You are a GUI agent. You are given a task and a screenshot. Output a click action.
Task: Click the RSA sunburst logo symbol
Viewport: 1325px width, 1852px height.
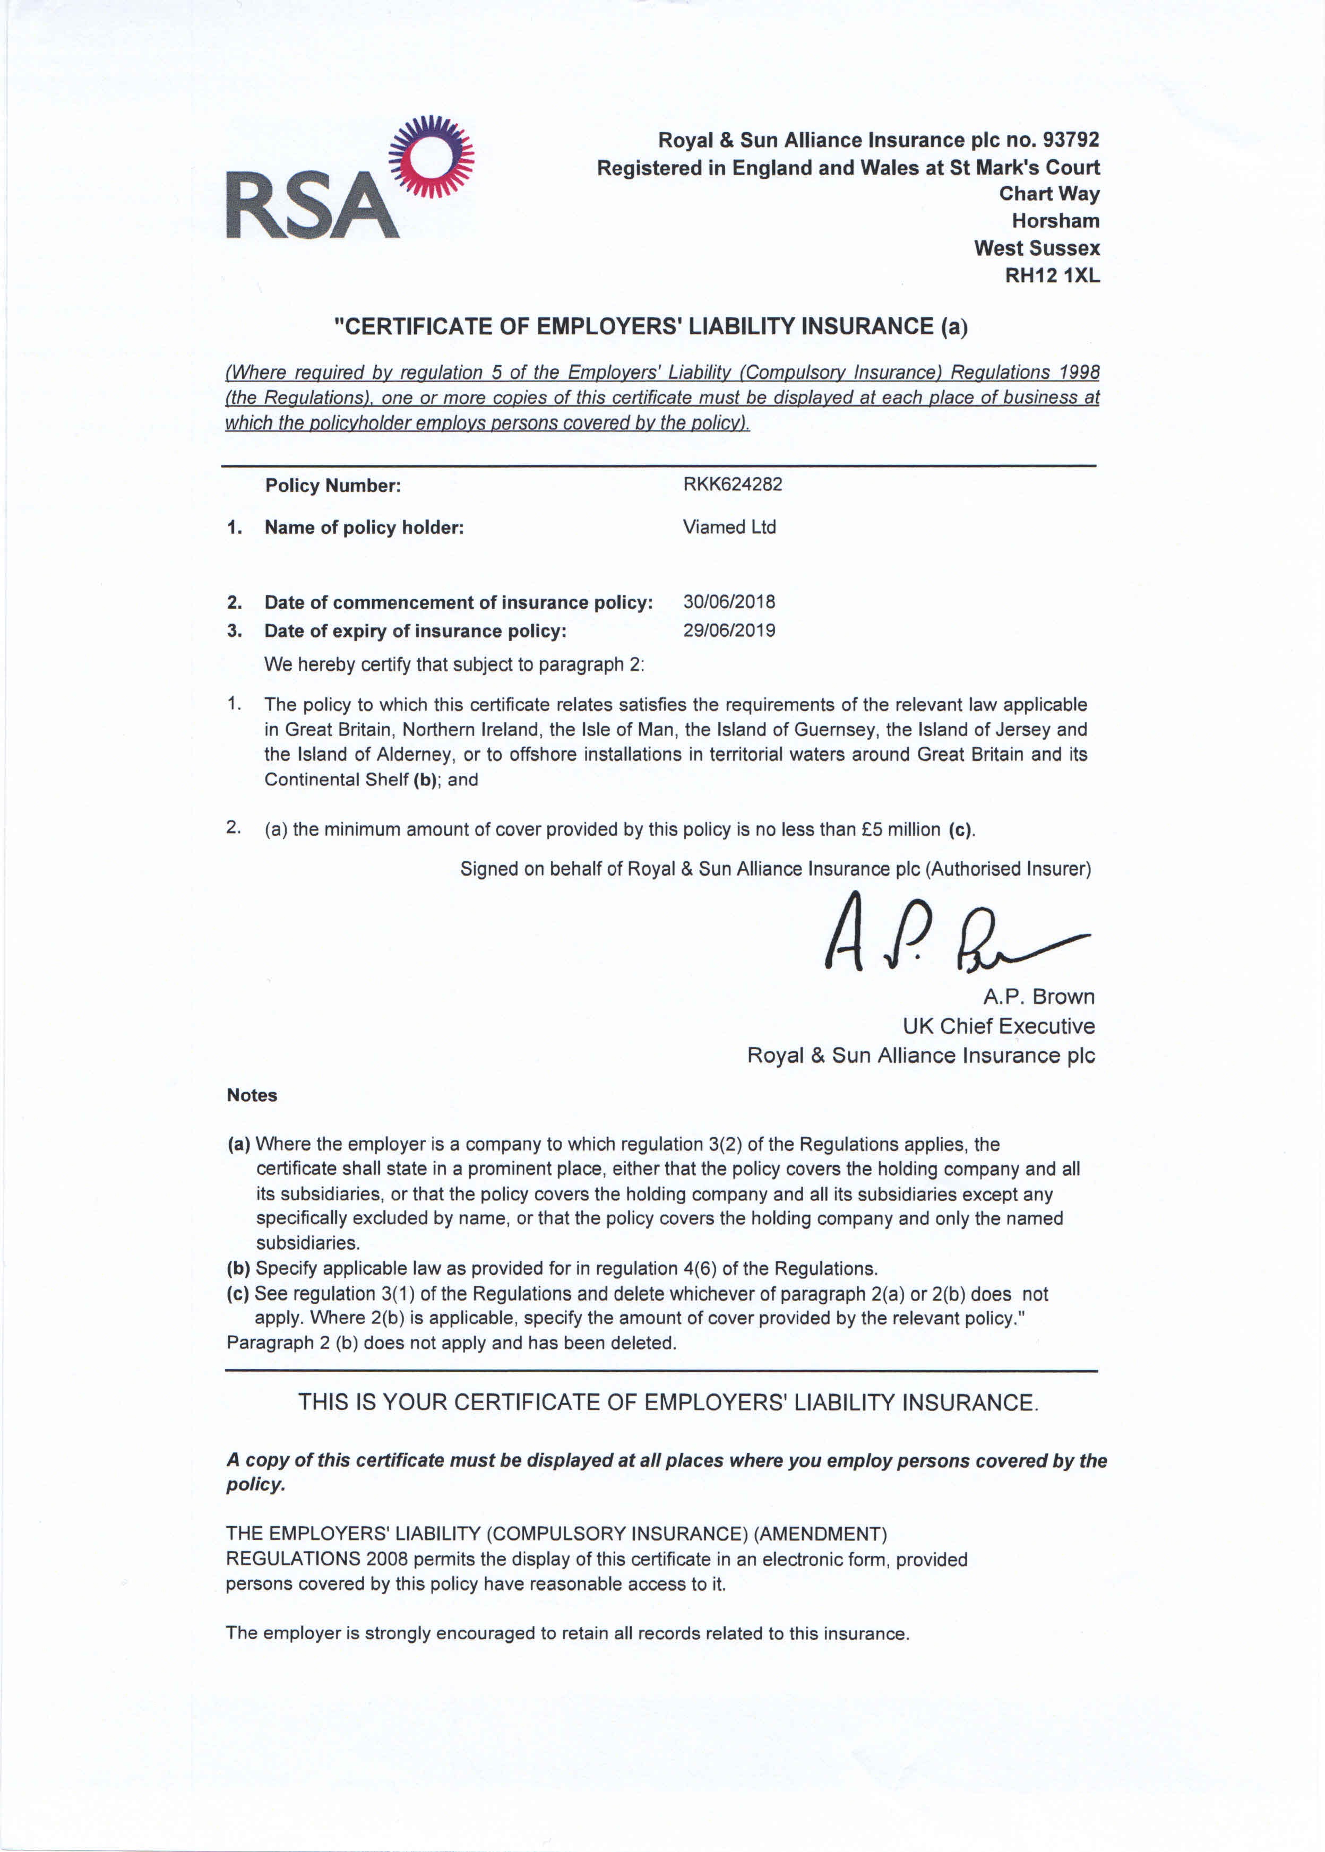coord(431,157)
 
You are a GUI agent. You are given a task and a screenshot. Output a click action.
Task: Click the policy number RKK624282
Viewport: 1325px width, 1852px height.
coord(733,484)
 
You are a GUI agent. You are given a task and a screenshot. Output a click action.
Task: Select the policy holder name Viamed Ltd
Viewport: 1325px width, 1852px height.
coord(729,527)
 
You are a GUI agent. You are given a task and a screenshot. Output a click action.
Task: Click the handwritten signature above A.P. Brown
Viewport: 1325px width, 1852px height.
coord(947,934)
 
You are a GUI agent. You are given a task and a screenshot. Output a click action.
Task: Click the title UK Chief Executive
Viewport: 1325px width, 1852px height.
coord(999,1026)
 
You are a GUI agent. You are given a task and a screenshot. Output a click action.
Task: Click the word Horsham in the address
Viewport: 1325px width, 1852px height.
coord(1056,221)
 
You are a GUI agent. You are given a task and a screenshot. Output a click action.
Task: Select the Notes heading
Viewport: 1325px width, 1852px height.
coord(252,1095)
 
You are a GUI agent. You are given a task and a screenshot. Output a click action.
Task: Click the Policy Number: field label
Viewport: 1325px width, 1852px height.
coord(333,486)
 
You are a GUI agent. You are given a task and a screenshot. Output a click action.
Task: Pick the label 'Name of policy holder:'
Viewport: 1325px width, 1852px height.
coord(364,527)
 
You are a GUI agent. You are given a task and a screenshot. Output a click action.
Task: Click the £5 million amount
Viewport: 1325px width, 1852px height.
coord(901,829)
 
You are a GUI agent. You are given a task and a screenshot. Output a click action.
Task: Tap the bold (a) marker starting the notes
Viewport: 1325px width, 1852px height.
coord(238,1144)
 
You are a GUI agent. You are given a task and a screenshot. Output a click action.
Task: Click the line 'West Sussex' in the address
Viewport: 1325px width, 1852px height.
coord(1037,248)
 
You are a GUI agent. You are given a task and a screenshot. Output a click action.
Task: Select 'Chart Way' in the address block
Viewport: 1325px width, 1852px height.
coord(1049,194)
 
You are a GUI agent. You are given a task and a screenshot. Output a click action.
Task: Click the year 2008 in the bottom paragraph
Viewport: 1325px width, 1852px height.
coord(387,1559)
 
